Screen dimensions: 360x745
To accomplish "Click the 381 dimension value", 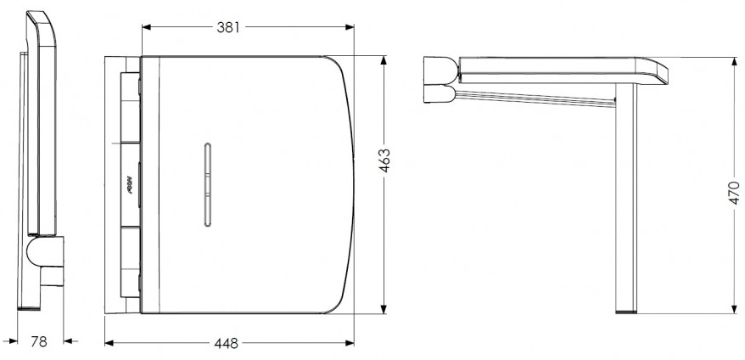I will (227, 27).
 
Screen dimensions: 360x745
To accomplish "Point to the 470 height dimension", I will (735, 194).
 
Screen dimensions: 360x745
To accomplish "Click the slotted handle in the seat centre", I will (205, 185).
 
